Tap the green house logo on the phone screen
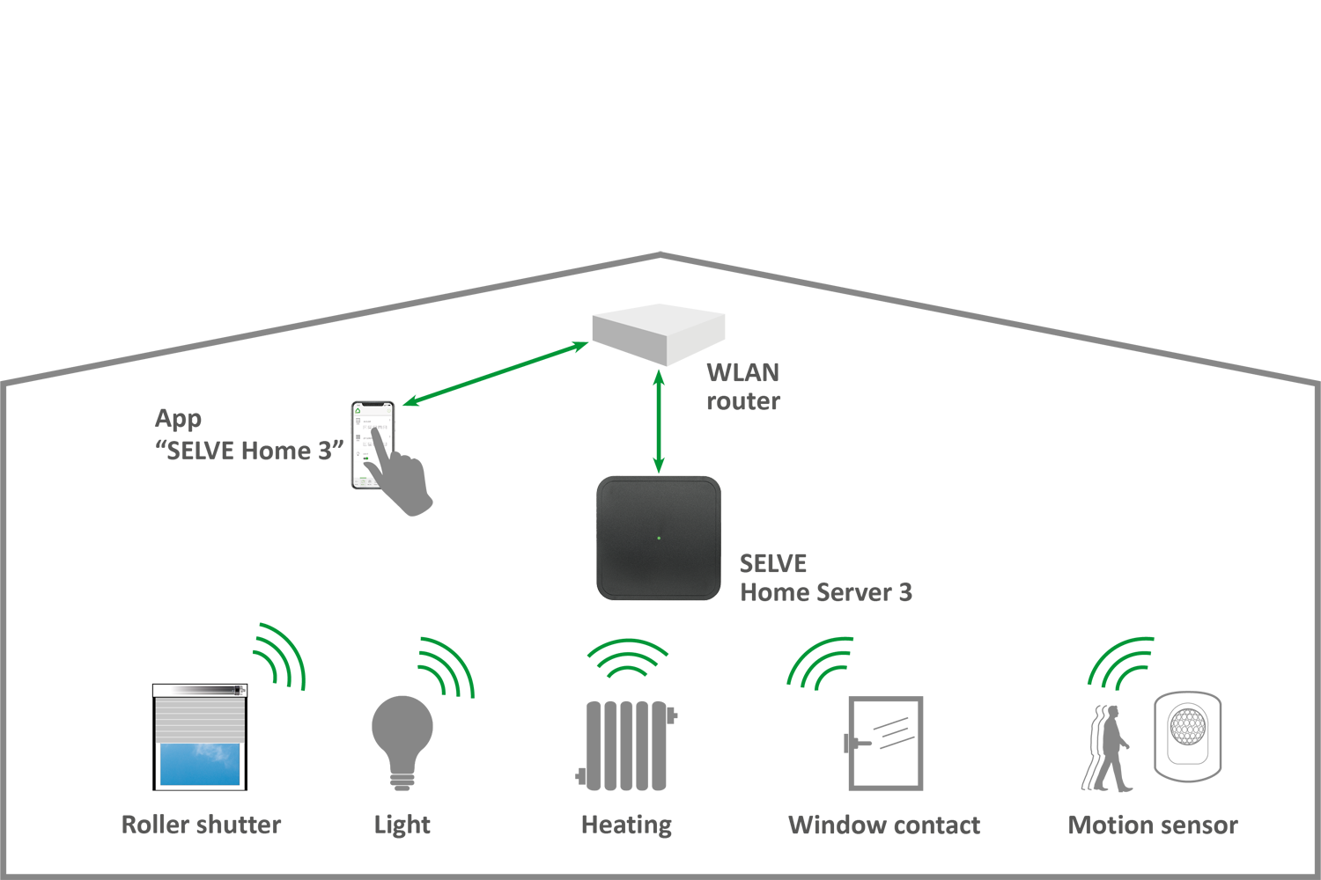click(358, 411)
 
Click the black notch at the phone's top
click(373, 405)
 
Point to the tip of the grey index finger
click(376, 429)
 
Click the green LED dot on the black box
click(659, 538)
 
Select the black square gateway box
click(659, 538)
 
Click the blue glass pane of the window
click(200, 762)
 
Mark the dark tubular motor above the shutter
click(200, 691)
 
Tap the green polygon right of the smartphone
click(493, 387)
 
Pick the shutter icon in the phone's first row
click(358, 422)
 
